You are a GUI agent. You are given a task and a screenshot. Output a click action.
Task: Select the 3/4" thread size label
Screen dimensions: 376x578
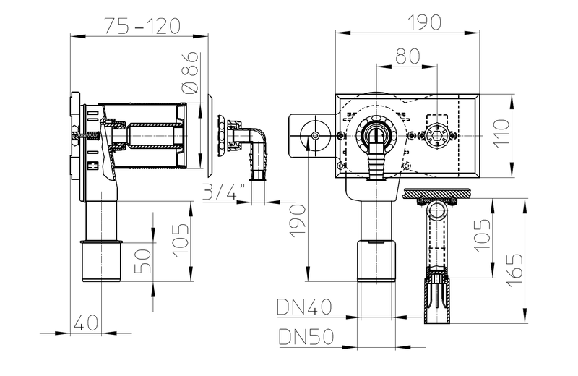(225, 192)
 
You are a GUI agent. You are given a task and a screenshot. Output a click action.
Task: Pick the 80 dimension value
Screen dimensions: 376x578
(407, 55)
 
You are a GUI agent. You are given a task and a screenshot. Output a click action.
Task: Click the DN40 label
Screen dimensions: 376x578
(304, 307)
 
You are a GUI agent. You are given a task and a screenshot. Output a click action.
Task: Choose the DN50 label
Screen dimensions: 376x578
(304, 336)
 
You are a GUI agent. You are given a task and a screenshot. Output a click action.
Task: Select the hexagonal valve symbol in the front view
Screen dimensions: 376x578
(436, 135)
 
